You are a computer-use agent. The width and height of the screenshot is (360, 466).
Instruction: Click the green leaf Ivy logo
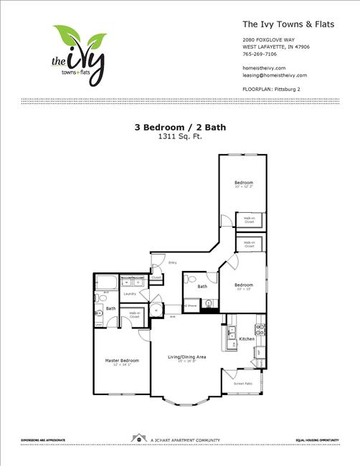tap(78, 54)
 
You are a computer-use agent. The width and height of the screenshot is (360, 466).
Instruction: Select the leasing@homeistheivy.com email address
tap(275, 75)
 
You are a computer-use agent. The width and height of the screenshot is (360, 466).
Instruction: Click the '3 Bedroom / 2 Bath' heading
tap(179, 127)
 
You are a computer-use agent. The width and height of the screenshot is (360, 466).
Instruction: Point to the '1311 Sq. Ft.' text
tap(179, 136)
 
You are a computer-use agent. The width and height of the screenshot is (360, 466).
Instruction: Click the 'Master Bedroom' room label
tap(122, 360)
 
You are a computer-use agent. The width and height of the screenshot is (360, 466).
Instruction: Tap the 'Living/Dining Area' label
tap(187, 356)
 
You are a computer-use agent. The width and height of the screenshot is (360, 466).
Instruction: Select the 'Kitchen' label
tap(247, 338)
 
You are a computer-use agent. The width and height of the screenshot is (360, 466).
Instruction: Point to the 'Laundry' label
tap(130, 294)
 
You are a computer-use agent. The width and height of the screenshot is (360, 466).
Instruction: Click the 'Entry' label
tap(173, 263)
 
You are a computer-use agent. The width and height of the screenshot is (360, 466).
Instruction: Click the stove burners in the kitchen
tap(260, 331)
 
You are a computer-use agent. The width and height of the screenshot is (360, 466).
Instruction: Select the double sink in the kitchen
tap(232, 333)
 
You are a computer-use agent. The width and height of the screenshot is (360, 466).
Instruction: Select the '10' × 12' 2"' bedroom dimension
tap(244, 187)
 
